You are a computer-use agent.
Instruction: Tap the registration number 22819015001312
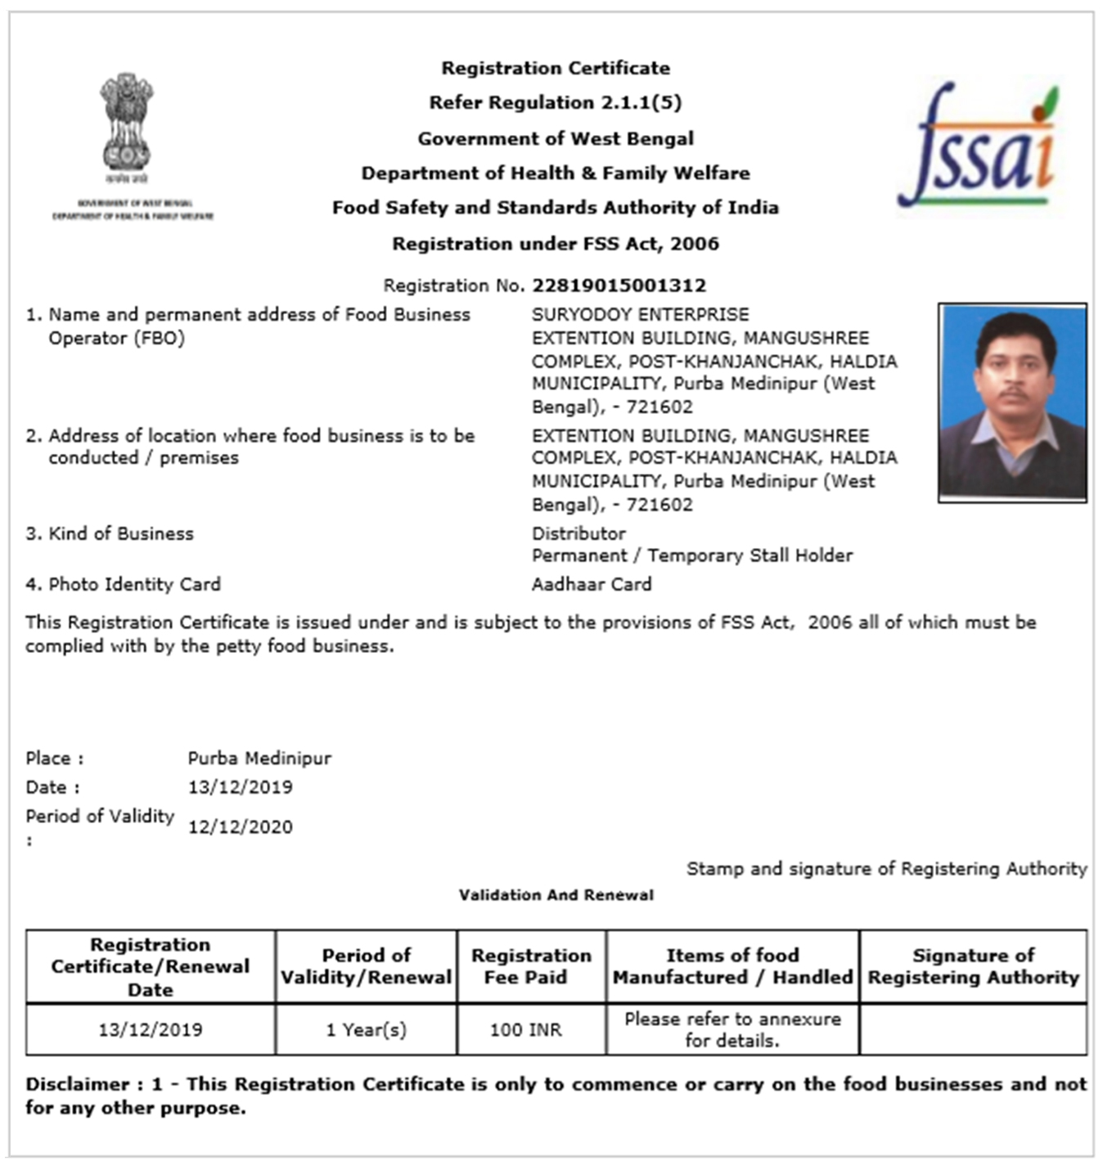tap(619, 286)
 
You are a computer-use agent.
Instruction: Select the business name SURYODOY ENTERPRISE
tap(640, 314)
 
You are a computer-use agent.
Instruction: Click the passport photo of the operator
tap(1012, 403)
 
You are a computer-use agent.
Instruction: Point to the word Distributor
tap(579, 533)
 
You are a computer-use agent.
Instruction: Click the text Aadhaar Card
tap(592, 584)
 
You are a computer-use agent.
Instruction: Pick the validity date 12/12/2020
tap(240, 827)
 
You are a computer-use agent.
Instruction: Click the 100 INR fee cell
tap(525, 1030)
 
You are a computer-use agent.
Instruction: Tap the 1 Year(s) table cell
tap(366, 1030)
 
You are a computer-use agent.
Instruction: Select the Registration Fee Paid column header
tap(531, 966)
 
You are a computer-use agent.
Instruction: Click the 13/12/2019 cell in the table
tap(151, 1030)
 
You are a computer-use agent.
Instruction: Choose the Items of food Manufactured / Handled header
tap(732, 966)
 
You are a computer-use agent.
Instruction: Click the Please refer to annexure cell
tap(732, 1030)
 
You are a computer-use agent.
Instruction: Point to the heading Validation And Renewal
tap(556, 895)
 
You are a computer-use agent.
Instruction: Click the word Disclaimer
tap(77, 1084)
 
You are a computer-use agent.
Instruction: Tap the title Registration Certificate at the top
tap(556, 68)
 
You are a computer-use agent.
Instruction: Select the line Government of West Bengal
tap(556, 138)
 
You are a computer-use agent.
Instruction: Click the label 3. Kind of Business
tap(110, 533)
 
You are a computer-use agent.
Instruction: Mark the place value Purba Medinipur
tap(259, 758)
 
